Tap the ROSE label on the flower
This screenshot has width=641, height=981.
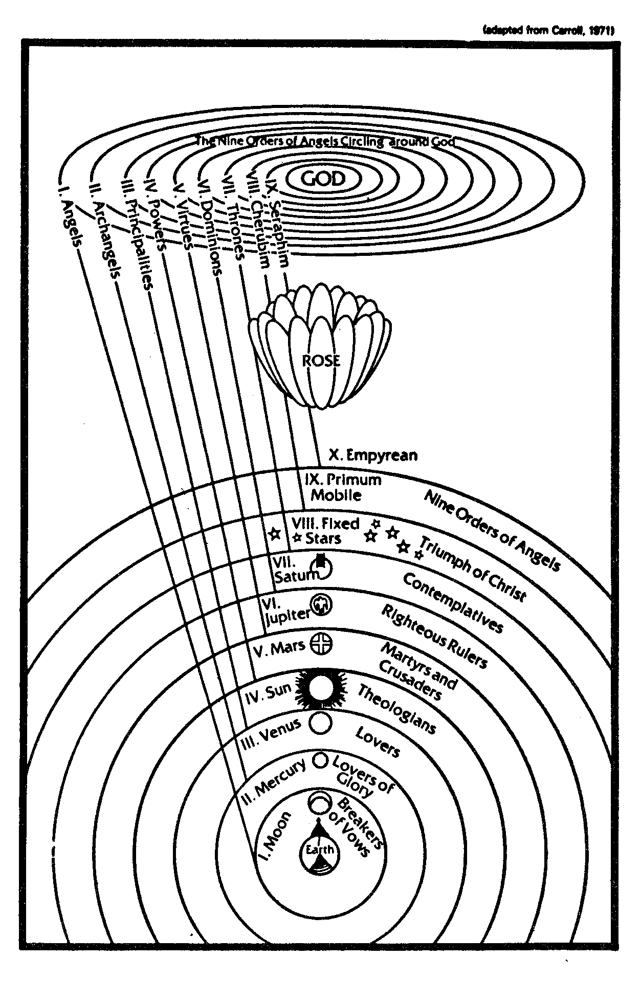click(x=321, y=360)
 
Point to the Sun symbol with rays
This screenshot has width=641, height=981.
click(x=320, y=689)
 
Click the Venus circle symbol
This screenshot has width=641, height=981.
click(x=321, y=723)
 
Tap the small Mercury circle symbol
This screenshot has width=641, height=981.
click(x=320, y=760)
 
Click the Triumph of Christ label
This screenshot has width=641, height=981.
click(x=473, y=569)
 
